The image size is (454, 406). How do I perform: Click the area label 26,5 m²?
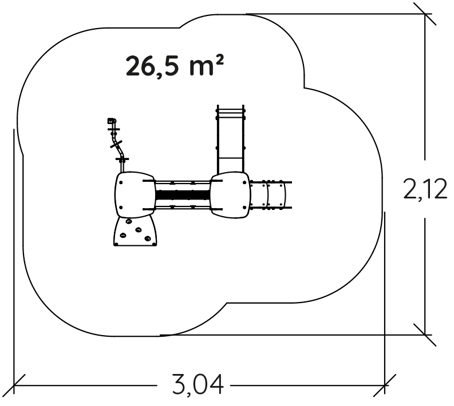[x=175, y=66]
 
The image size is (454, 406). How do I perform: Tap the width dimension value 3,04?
[x=198, y=385]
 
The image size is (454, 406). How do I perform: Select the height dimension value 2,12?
[x=425, y=189]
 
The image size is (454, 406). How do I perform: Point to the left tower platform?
[x=135, y=194]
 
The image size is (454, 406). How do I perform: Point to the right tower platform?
[x=230, y=194]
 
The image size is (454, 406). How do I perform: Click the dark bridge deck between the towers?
[x=183, y=195]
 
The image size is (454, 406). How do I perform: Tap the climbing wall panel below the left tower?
[x=135, y=232]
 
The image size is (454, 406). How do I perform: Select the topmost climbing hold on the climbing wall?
[x=129, y=221]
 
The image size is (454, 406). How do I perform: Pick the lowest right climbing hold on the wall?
[x=148, y=239]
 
